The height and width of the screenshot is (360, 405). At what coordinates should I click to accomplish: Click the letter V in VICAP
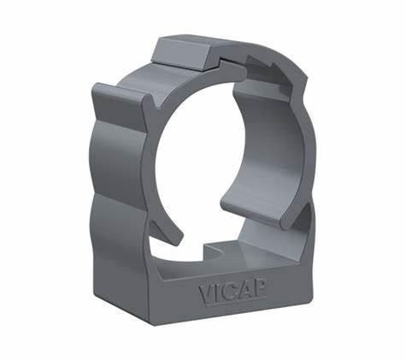(206, 293)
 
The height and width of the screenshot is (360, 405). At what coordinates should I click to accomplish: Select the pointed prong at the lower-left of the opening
(167, 232)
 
